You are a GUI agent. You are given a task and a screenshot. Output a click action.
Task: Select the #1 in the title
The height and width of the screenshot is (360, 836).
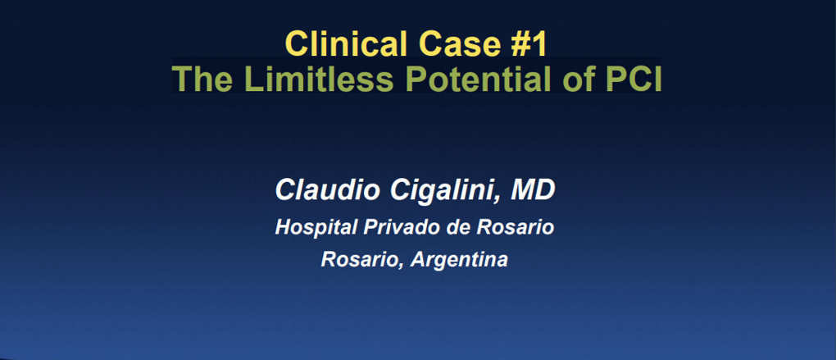(529, 43)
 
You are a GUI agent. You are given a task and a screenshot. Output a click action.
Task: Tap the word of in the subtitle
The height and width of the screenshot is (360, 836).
(578, 79)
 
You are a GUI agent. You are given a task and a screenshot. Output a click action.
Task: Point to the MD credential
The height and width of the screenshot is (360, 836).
(533, 190)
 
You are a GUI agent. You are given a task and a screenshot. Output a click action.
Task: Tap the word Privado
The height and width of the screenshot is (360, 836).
(398, 228)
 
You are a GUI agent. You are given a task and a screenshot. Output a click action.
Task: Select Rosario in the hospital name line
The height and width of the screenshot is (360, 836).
(515, 228)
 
